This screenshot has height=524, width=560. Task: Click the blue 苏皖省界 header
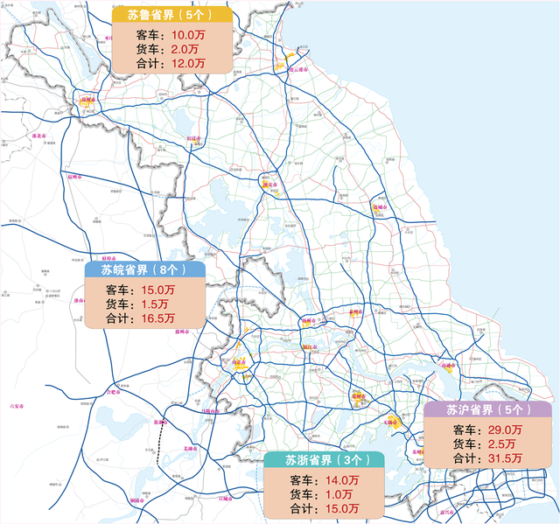pos(145,270)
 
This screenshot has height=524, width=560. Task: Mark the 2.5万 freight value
pos(500,444)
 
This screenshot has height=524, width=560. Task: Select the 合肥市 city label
pos(112,393)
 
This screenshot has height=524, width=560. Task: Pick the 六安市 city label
pos(14,405)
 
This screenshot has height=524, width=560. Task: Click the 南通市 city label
pos(449,365)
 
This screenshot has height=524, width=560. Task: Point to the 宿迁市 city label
pos(193,138)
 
